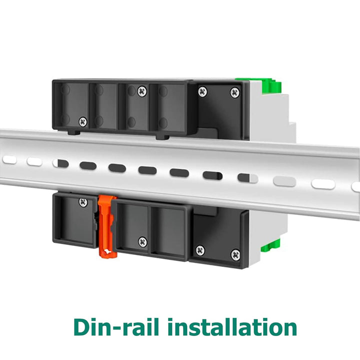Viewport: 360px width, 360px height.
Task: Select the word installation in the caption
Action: click(x=232, y=327)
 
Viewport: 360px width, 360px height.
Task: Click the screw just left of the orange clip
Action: click(x=83, y=202)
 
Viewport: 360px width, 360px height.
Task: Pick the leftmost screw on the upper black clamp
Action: click(x=83, y=121)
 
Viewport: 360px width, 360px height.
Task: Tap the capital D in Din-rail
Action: click(x=83, y=327)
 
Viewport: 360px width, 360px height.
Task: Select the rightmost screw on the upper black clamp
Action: click(x=234, y=92)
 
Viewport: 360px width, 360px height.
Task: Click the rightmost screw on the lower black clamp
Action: click(x=235, y=254)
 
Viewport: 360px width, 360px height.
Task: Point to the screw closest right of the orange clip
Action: click(x=142, y=241)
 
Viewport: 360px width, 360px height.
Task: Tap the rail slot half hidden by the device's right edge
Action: click(x=247, y=177)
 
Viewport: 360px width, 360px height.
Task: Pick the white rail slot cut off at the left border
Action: click(x=7, y=160)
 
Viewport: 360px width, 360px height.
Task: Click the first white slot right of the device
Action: click(x=284, y=180)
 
